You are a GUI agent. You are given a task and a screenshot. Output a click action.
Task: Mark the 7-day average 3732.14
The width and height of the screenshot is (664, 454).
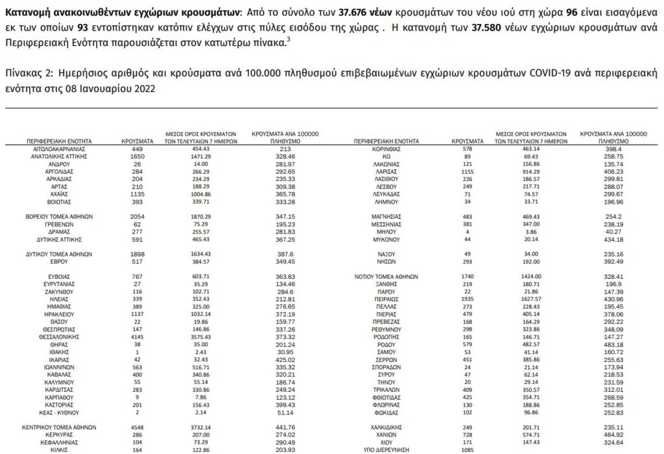tap(203, 427)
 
